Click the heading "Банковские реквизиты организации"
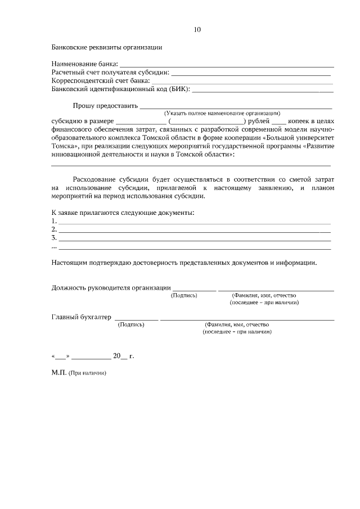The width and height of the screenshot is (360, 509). tap(106, 47)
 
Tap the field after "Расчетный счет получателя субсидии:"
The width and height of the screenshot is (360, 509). tap(250, 74)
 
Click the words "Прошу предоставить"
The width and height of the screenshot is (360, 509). tap(105, 105)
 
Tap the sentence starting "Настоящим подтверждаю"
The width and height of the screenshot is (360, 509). tap(184, 262)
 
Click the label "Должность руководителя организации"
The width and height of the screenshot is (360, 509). tap(111, 287)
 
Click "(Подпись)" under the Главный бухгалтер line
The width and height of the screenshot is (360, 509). tap(130, 325)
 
